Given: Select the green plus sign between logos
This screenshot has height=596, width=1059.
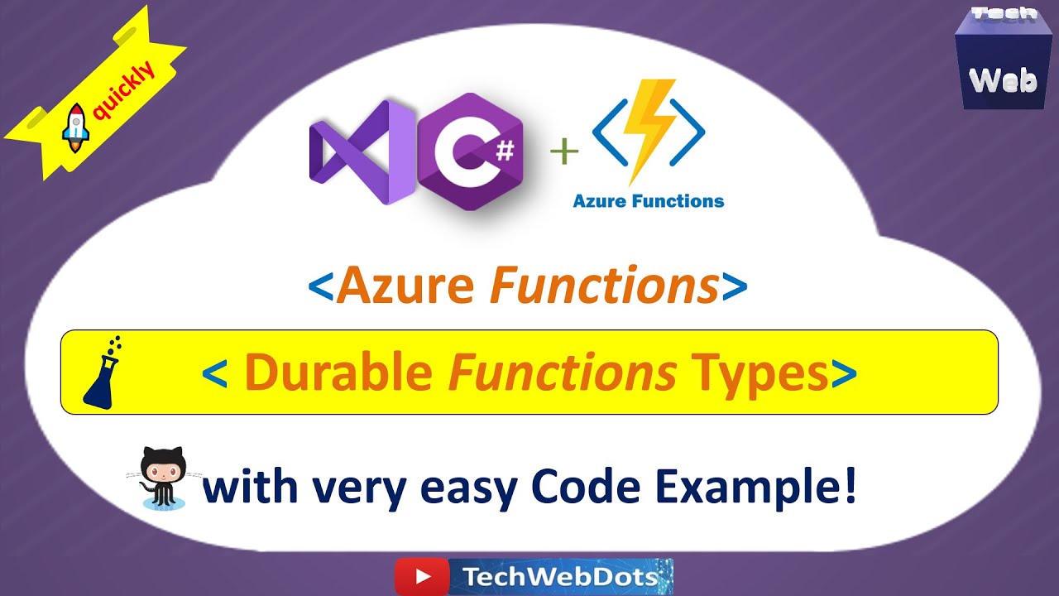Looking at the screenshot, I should pyautogui.click(x=564, y=152).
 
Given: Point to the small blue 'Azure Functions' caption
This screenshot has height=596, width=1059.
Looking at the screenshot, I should pyautogui.click(x=649, y=200).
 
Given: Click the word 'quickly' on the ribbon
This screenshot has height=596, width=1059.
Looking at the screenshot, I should pyautogui.click(x=123, y=94).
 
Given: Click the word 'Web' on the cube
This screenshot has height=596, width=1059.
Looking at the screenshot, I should pyautogui.click(x=1003, y=79).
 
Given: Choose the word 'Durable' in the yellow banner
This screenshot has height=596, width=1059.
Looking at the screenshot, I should pyautogui.click(x=338, y=372).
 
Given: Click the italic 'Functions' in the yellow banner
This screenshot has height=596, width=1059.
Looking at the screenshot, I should pyautogui.click(x=562, y=372).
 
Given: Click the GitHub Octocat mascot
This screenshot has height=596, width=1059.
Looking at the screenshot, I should pyautogui.click(x=163, y=478).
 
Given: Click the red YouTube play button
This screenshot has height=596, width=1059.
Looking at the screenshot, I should pyautogui.click(x=421, y=576).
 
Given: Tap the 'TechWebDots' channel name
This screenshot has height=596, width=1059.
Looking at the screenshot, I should pyautogui.click(x=561, y=577).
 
